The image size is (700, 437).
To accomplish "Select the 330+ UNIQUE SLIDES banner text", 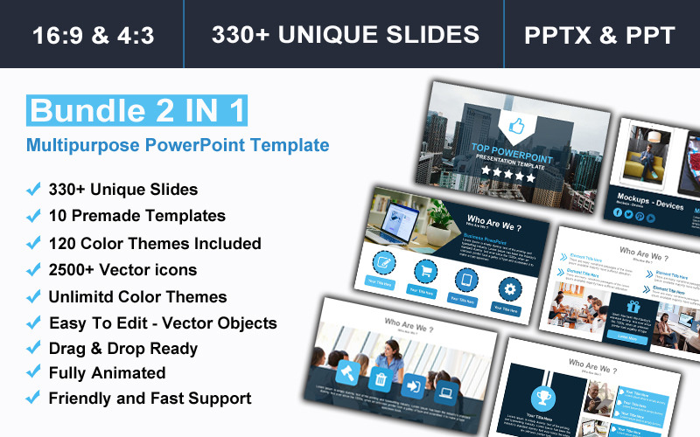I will coord(345,34).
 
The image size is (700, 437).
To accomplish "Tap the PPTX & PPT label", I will coord(599,35).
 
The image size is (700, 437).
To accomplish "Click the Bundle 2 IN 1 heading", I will coord(137,111).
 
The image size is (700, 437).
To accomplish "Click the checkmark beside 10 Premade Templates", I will coord(33,215).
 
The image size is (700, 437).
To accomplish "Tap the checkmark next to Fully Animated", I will coord(33,372).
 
